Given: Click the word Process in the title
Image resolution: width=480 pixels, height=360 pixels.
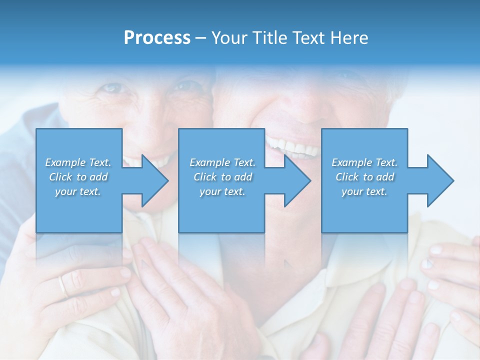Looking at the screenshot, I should coord(157,38).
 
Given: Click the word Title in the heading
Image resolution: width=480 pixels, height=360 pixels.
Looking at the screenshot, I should coord(268,38).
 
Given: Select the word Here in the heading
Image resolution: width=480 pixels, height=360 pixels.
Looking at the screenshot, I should coord(350,38).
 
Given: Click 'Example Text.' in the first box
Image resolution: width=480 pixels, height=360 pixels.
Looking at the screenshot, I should coord(78,162).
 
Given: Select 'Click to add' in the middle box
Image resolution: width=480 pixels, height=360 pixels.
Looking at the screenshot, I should coord(222,177).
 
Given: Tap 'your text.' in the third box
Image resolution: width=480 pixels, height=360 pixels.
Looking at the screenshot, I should coord(364,191).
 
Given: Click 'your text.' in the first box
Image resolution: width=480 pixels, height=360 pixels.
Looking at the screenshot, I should coord(78,191).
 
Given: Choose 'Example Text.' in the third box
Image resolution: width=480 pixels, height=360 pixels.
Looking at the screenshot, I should coord(364,162).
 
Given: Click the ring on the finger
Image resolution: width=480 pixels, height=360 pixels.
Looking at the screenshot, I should coord(62,286).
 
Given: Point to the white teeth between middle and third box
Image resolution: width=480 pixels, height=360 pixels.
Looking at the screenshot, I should coord(293,146).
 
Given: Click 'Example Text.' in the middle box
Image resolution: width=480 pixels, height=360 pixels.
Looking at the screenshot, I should coord(222,162).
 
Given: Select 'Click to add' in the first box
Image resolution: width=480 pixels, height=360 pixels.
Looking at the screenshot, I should coord(78,177).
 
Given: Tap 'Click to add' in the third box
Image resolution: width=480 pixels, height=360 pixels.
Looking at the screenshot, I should coord(364,177).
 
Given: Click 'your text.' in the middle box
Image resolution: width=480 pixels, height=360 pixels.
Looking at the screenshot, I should coord(222,191).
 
